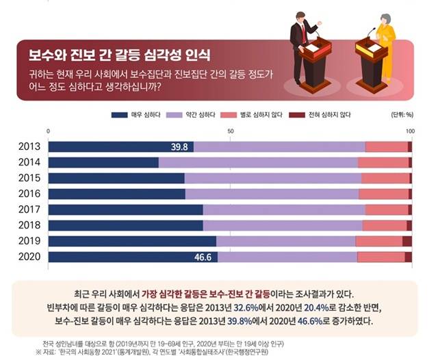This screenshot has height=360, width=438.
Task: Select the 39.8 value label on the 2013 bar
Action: click(x=180, y=147)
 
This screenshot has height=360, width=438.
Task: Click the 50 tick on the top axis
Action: click(x=228, y=131)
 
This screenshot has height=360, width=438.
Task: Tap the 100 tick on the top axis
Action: click(x=409, y=131)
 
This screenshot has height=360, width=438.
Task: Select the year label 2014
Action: click(x=29, y=162)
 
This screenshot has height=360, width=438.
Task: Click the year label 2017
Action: click(x=29, y=209)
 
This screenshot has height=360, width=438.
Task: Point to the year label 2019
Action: click(x=29, y=241)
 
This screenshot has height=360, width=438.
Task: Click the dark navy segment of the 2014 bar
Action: click(x=103, y=162)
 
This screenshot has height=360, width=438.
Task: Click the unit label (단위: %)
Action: click(x=400, y=114)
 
